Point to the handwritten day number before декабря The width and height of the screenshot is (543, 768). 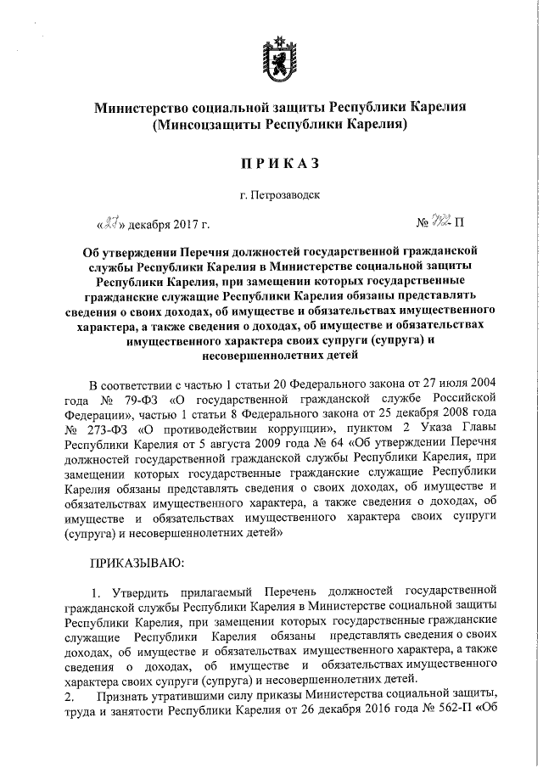pos(110,224)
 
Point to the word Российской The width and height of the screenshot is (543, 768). pos(462,398)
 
